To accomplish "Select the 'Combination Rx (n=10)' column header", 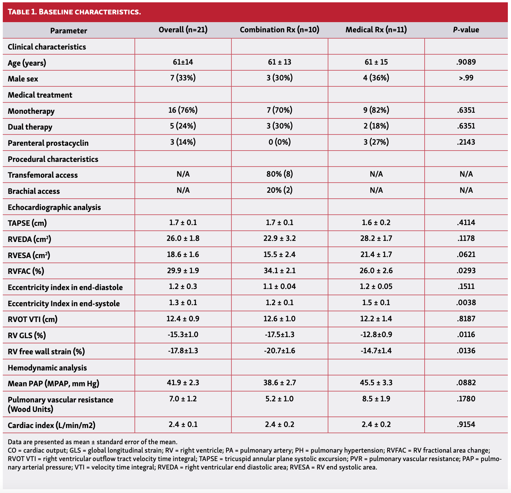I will (279, 30).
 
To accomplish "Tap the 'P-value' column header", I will (466, 30).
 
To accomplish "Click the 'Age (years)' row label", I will (27, 63).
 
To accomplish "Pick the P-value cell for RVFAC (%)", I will (466, 271).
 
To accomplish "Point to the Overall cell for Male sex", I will (183, 78).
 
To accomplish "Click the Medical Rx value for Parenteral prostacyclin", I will (376, 142).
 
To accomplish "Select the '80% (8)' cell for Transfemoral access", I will (279, 174).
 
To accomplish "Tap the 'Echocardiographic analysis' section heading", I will (54, 207).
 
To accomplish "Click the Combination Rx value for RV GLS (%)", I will (279, 335).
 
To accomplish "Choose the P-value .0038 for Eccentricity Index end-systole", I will (466, 303).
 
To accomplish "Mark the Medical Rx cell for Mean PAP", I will (376, 383).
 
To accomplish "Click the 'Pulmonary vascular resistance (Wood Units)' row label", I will (60, 404).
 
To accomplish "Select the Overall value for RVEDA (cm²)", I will (183, 238).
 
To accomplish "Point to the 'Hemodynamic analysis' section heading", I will (47, 368).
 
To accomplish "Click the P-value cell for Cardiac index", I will (466, 425).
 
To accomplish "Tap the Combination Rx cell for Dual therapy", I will (279, 126).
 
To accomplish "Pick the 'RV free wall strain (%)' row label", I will (46, 351).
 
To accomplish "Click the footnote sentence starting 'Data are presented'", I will (93, 442).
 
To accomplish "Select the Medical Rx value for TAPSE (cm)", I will (376, 223).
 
